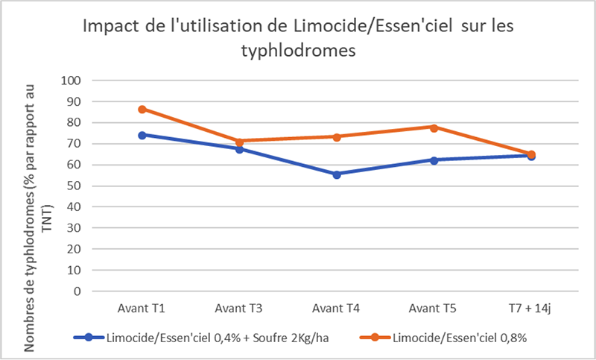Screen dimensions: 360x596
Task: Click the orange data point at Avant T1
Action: tap(142, 109)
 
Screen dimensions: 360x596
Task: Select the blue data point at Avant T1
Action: tap(142, 135)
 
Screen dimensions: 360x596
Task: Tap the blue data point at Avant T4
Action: tap(337, 174)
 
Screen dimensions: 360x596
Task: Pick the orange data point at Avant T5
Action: tap(434, 127)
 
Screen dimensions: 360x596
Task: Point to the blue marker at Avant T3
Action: tap(239, 149)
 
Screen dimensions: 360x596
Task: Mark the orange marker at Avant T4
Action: tap(337, 136)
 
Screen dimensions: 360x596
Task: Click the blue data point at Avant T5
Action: tap(434, 160)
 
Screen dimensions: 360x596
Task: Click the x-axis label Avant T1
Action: tap(142, 308)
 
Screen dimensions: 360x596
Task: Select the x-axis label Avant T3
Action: tap(239, 308)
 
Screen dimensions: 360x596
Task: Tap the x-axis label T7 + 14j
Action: tap(531, 308)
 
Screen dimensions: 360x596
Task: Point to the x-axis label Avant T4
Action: tap(337, 308)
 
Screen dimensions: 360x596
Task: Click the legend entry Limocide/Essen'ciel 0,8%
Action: tap(454, 337)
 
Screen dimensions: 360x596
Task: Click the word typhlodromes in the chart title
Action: tap(298, 51)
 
